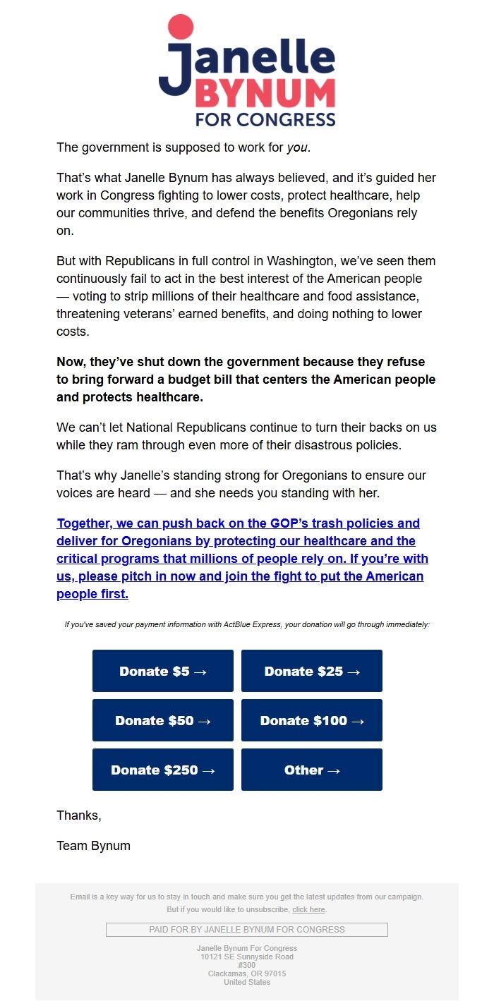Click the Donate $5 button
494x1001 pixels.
163,671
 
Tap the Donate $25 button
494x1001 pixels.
312,671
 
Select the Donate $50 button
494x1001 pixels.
163,720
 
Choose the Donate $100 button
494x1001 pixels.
312,720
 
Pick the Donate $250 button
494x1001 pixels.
163,770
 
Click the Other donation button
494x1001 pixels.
312,770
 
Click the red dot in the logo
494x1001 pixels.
180,26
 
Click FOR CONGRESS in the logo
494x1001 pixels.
265,119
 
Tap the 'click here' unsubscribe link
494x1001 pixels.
308,910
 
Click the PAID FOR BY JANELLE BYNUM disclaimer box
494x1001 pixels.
247,930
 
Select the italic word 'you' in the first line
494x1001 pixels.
297,148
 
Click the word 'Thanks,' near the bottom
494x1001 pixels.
79,815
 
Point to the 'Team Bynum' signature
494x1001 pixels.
93,846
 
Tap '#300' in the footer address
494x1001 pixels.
247,965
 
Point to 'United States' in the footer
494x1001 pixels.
247,982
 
